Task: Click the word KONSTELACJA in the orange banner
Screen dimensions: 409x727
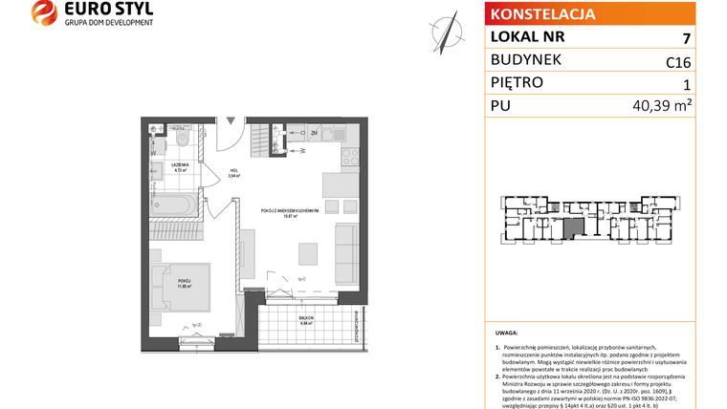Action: click(x=541, y=14)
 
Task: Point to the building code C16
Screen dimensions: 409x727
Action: click(x=678, y=62)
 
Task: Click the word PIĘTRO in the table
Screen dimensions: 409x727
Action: click(x=516, y=83)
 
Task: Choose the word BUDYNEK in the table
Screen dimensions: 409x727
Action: click(x=525, y=60)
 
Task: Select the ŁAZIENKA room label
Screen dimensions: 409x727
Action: click(x=180, y=165)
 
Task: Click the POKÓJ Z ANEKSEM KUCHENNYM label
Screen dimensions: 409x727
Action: click(x=292, y=212)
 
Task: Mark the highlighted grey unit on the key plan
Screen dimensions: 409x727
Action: click(x=571, y=228)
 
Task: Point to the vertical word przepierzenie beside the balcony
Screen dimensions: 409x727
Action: click(x=355, y=324)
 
